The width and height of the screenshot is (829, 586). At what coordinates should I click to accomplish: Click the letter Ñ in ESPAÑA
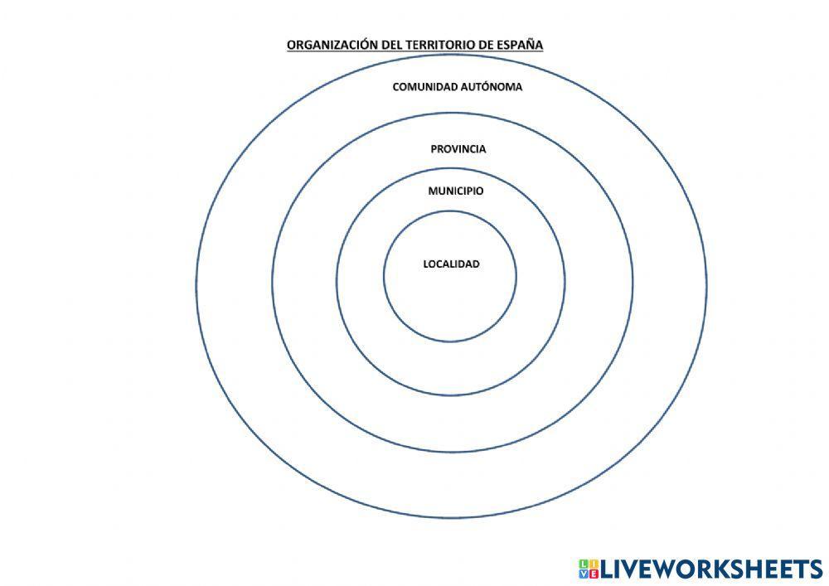click(x=530, y=44)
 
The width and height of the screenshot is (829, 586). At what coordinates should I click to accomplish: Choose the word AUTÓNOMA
click(x=491, y=87)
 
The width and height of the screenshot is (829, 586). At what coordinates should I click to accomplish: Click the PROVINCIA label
click(x=458, y=149)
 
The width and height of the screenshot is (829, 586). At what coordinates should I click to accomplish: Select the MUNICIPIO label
click(x=456, y=191)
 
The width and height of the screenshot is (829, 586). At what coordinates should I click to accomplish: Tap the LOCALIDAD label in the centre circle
click(x=452, y=264)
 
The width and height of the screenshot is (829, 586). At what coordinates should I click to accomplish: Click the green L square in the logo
click(x=584, y=564)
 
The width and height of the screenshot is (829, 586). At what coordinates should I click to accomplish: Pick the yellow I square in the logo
click(x=594, y=564)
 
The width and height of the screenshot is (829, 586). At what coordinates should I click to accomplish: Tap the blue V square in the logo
click(x=584, y=574)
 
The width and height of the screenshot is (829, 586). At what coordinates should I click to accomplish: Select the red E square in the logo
click(x=594, y=574)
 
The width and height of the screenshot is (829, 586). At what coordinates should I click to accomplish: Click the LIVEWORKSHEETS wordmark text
click(x=711, y=569)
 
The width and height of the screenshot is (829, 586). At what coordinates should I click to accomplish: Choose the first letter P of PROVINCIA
click(x=434, y=149)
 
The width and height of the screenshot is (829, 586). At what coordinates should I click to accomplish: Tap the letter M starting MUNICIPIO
click(x=434, y=191)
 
